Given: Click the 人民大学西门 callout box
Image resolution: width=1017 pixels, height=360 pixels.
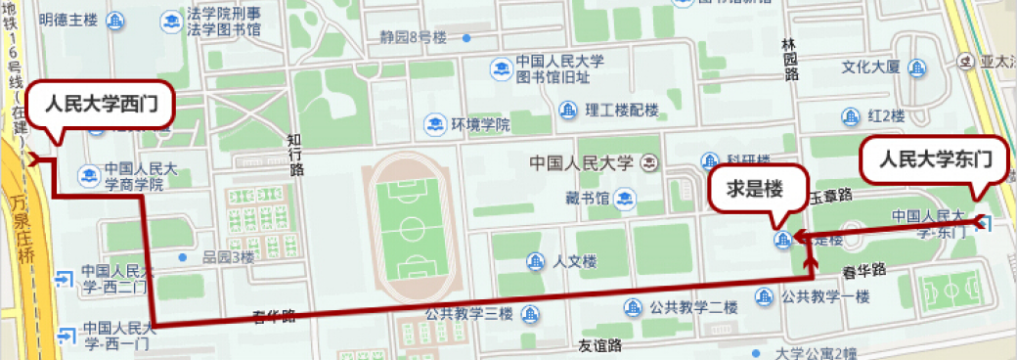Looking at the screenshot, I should point(102,105).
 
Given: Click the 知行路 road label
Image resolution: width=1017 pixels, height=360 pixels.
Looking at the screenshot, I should point(296,155).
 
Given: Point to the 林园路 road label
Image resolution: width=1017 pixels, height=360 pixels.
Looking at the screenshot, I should point(790,61).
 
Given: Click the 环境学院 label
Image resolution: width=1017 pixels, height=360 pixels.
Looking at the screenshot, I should point(480,125).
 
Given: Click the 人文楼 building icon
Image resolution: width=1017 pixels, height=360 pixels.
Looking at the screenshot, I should point(536,261).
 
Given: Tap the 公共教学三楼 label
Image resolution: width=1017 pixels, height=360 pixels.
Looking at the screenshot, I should point(468,313).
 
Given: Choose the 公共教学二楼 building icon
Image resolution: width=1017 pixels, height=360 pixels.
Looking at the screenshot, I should point(635,307).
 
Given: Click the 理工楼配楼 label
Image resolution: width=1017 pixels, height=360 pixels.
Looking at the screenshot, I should point(622,110).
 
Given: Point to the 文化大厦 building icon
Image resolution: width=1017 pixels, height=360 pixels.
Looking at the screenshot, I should point(916,67).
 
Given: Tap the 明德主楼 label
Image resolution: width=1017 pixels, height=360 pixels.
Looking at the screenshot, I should point(67,20).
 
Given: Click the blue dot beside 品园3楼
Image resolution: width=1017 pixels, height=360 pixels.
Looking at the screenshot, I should point(183,257).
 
